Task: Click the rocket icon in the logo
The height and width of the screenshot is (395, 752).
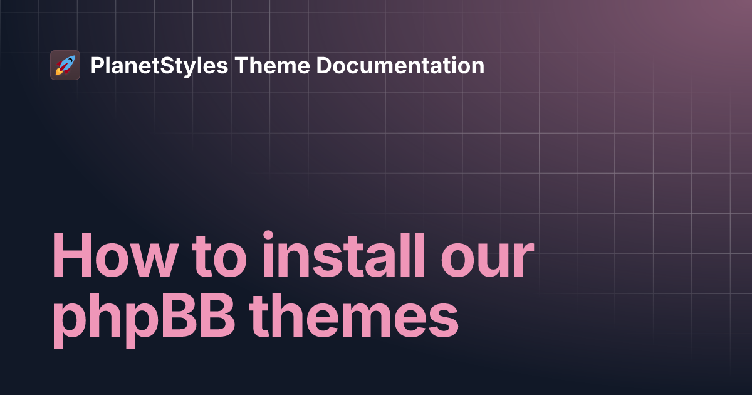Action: click(x=65, y=65)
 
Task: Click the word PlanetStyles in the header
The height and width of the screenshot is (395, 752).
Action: click(x=159, y=66)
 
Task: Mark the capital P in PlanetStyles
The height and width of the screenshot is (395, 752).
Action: click(x=97, y=66)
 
